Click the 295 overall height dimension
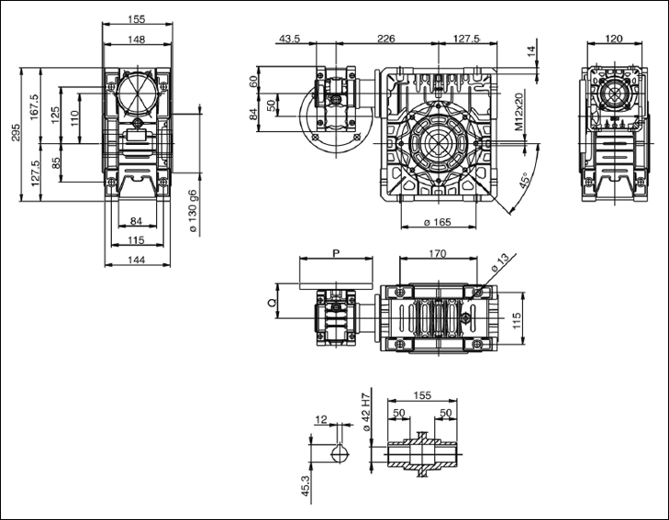(x=14, y=134)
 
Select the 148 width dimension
(x=137, y=39)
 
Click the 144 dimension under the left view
(x=137, y=261)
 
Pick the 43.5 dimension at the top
(x=290, y=39)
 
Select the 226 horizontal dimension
(x=386, y=39)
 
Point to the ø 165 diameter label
(x=436, y=223)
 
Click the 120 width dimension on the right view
(x=613, y=39)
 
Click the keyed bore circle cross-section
(x=340, y=454)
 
